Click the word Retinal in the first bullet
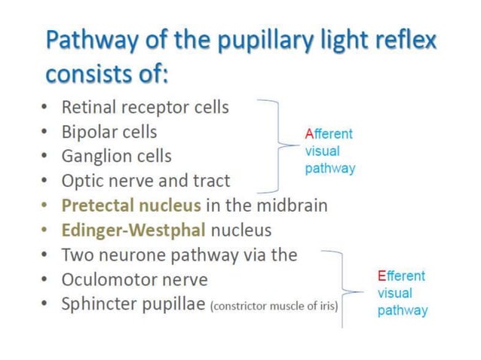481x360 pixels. (87, 107)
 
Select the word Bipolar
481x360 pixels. (88, 132)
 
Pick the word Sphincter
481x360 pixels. (96, 304)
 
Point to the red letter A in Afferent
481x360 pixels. (309, 134)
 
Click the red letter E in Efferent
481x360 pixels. (381, 276)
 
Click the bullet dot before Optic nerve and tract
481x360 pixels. (47, 182)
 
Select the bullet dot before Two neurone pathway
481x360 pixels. (47, 255)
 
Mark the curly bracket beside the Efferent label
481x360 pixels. (344, 289)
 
